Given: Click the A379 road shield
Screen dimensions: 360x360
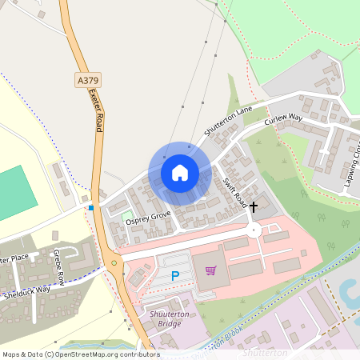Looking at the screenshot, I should [87, 80].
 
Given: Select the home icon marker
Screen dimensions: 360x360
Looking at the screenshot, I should [180, 172].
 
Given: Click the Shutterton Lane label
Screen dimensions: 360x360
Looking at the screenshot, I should [228, 119].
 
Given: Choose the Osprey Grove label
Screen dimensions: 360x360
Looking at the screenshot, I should [147, 215].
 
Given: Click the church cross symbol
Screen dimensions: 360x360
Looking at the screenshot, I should [254, 206].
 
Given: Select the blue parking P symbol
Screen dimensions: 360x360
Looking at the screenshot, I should [175, 275].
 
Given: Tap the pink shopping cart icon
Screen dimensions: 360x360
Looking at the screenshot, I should [210, 270].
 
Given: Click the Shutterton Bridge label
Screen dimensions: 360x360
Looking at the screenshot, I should [174, 319].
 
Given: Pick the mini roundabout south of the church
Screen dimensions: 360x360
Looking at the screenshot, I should [254, 230].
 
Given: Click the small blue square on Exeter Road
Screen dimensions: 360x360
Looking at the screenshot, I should [91, 208].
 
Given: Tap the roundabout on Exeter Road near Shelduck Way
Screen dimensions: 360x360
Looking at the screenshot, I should [114, 262].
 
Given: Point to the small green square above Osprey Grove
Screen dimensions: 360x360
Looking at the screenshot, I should [126, 215].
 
